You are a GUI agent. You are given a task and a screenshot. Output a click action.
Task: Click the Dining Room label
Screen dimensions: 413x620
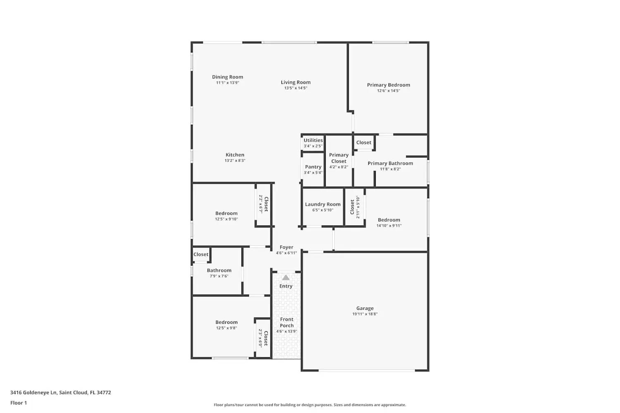coord(227,77)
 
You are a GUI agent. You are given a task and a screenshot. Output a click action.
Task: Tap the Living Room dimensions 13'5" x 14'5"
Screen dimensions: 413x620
coord(296,88)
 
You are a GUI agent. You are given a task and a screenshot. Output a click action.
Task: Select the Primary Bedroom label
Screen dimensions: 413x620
coord(389,85)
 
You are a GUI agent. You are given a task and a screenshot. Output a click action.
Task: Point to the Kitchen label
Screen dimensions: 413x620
coord(235,155)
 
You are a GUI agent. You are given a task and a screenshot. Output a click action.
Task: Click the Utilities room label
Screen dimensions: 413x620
coord(313,140)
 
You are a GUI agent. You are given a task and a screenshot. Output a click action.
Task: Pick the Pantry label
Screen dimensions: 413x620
coord(313,167)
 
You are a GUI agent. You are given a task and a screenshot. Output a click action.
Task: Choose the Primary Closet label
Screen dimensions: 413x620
coord(339,158)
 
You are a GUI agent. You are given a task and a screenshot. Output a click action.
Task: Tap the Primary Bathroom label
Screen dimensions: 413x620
coord(390,164)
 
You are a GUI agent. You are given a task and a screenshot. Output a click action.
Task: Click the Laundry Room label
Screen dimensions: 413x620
coord(323,204)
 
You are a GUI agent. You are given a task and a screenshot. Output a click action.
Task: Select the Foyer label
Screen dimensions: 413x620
coord(286,247)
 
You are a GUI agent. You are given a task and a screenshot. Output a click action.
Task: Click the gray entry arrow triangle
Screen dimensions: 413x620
coord(286,278)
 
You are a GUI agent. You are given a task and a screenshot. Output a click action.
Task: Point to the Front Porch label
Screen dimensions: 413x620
coord(286,322)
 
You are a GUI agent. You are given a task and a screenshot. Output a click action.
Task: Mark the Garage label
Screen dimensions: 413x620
coord(365,308)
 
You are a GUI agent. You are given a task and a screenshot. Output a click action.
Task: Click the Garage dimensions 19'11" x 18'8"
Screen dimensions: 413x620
coord(365,314)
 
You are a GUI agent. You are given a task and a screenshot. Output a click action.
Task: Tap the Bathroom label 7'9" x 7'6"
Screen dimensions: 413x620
coord(219,271)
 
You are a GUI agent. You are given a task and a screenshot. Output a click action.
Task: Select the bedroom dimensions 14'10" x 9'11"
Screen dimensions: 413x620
coord(389,225)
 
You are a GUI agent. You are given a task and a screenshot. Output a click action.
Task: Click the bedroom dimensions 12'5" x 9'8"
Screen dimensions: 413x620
coord(227,328)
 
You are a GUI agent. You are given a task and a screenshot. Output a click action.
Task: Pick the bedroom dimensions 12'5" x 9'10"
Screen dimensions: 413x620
coord(227,219)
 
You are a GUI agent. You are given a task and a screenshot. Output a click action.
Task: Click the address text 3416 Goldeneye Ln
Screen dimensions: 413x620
coord(33,393)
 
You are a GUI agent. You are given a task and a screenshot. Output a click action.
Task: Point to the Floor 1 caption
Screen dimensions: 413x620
coord(19,403)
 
